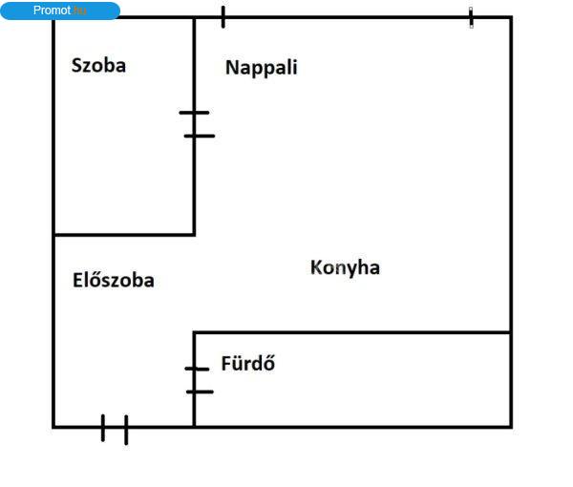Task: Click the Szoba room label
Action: tap(98, 66)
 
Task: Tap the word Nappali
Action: tap(262, 68)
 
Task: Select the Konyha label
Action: tap(345, 267)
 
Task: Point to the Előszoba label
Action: tap(114, 280)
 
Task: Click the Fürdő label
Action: tap(248, 363)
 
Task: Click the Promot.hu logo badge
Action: tap(60, 11)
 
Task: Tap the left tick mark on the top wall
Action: tap(223, 17)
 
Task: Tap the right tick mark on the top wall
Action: tap(471, 17)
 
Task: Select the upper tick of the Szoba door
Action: tap(195, 113)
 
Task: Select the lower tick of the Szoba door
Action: tap(200, 136)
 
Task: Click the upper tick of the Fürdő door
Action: tap(197, 369)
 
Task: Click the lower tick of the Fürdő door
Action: tap(200, 392)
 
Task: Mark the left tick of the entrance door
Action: tap(103, 428)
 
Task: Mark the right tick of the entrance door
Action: tap(126, 430)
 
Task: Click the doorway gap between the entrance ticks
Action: tap(115, 427)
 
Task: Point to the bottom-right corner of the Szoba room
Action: tap(194, 235)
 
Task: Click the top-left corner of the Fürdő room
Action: tap(194, 332)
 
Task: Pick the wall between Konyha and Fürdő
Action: tap(351, 332)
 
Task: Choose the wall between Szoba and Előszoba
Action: tap(124, 235)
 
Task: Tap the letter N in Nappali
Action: tap(231, 68)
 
